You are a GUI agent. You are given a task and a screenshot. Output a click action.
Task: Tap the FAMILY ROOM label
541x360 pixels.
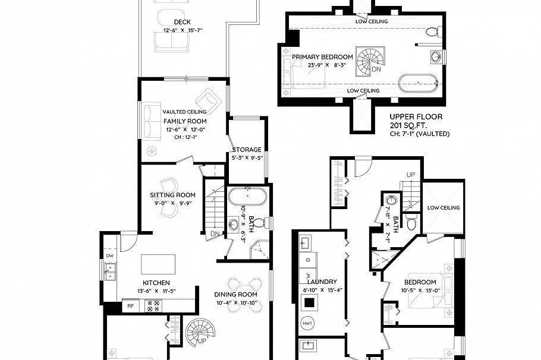pos(184,121)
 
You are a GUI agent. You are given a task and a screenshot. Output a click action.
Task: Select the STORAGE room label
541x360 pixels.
pos(247,149)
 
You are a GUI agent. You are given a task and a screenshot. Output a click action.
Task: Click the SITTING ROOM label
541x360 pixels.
pos(172,194)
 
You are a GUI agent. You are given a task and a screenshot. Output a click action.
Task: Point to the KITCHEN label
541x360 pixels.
pos(156,283)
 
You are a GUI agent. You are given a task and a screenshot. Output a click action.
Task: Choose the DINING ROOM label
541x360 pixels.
pos(235,294)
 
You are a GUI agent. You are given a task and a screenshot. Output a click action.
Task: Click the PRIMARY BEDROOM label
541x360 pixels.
pos(322,57)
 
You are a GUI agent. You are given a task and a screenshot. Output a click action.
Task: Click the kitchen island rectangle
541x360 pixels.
pos(158,263)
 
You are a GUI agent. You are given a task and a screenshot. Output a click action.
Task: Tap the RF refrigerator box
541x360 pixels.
pos(130,307)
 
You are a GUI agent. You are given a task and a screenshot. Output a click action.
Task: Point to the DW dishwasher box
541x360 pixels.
pos(109,256)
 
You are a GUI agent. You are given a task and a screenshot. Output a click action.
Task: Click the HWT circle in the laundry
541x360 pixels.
pos(308,323)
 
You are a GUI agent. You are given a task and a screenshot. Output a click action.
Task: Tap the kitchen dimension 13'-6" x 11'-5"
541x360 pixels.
pos(156,291)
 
